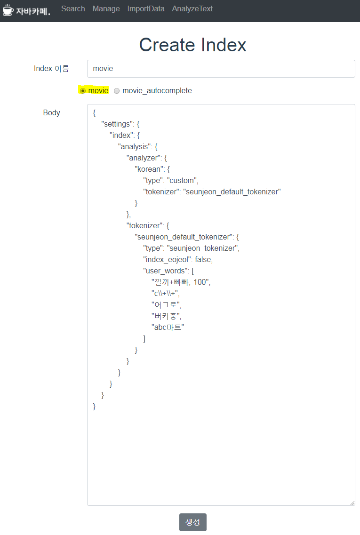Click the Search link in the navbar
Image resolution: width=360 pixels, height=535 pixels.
pos(73,8)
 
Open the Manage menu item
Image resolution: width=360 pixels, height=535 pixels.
pos(106,8)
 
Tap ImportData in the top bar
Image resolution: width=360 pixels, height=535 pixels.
pos(146,8)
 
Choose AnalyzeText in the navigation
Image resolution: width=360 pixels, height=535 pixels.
pos(192,8)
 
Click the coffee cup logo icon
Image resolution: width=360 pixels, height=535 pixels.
pos(8,9)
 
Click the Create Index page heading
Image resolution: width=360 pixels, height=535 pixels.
pos(192,45)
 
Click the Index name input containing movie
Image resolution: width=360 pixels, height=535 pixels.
pos(221,68)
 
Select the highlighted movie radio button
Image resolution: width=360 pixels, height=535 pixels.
pos(83,91)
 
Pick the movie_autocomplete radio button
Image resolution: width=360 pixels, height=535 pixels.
pos(117,91)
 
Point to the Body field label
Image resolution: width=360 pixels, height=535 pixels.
pos(51,112)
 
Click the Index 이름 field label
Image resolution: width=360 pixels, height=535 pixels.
pos(51,69)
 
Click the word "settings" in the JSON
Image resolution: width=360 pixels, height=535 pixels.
pos(117,124)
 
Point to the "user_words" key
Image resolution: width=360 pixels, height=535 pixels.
pos(165,271)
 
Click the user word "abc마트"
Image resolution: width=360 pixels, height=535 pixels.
pos(168,327)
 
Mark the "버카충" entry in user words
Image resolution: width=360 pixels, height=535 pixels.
pos(166,316)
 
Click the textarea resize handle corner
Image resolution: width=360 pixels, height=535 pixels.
pos(352,503)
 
